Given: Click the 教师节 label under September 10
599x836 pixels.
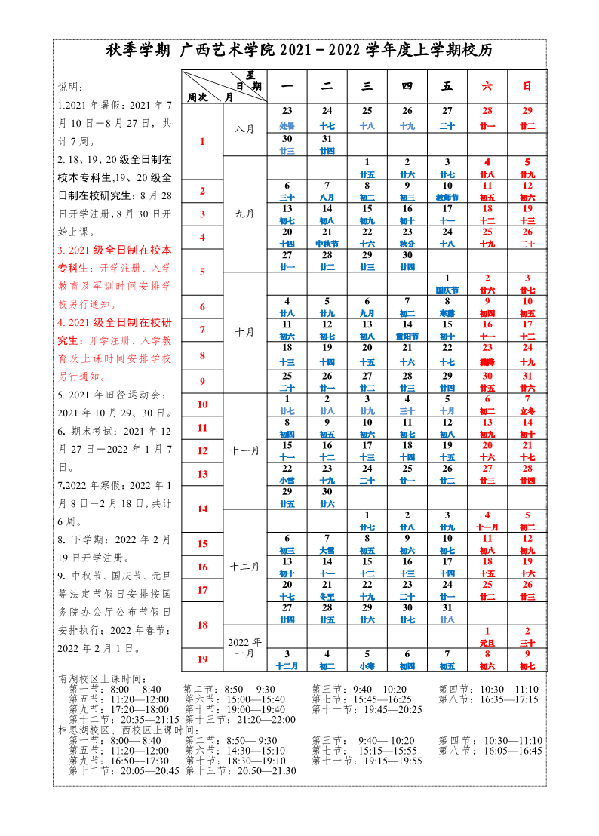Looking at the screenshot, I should point(447,197).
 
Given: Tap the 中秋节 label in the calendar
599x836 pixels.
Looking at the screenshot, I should point(327,244).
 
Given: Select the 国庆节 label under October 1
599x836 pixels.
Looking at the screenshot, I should point(447,290).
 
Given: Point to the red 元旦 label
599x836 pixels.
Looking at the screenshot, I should point(487,643).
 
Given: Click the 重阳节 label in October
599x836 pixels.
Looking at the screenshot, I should point(407,337).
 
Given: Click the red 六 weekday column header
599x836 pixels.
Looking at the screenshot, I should point(487,87).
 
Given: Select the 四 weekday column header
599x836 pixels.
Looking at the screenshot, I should point(407,87).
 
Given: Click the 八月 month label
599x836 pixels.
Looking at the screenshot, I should point(244,129).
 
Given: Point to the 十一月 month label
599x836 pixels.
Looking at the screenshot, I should point(244,450).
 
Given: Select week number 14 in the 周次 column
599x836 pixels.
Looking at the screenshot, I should point(202,509).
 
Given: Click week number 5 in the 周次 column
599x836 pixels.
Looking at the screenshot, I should point(202,272).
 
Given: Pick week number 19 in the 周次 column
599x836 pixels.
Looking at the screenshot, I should point(202,659).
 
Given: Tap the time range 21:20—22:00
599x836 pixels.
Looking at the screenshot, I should point(269,720).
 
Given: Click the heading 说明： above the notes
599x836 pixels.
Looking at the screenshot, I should point(72,87).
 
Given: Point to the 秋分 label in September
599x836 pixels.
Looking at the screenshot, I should point(407,244).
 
